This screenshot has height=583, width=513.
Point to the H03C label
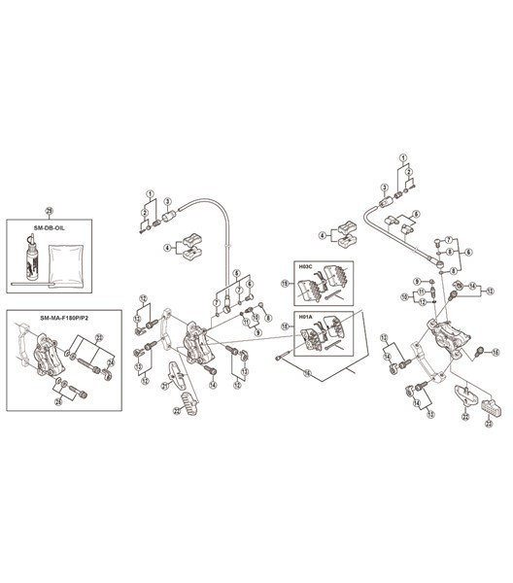(x=303, y=263)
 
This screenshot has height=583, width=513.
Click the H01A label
(x=303, y=315)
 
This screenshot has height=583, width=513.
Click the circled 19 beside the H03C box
(x=285, y=283)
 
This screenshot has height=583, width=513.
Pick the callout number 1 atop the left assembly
(x=150, y=193)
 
